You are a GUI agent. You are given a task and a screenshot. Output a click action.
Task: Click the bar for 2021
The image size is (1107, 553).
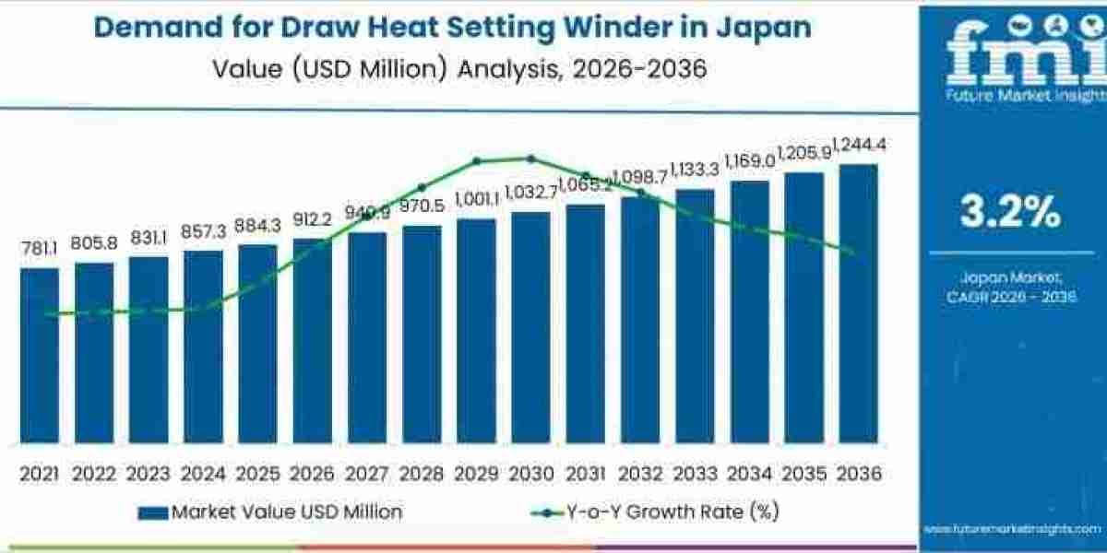[40, 355]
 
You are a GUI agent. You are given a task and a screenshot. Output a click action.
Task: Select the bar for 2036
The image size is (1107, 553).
[858, 303]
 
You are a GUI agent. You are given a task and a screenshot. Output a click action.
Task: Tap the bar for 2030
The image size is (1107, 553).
[530, 327]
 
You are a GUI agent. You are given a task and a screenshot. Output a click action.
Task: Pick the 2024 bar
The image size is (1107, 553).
[203, 346]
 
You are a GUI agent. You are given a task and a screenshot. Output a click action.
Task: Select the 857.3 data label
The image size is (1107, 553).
[203, 231]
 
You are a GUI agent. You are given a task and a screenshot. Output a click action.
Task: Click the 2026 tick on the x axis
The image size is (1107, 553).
[313, 474]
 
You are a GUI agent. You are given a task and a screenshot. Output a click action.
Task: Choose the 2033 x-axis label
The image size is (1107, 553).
[695, 474]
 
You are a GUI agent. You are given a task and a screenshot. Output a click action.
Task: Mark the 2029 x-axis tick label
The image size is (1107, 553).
[476, 474]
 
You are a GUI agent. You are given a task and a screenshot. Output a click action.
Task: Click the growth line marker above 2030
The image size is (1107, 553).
[530, 159]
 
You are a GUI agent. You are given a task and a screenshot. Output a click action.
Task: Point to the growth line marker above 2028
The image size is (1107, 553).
[422, 187]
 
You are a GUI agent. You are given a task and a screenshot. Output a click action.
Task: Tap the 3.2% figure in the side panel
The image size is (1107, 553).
[1010, 213]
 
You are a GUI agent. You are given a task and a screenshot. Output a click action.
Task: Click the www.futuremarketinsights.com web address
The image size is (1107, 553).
[1012, 529]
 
